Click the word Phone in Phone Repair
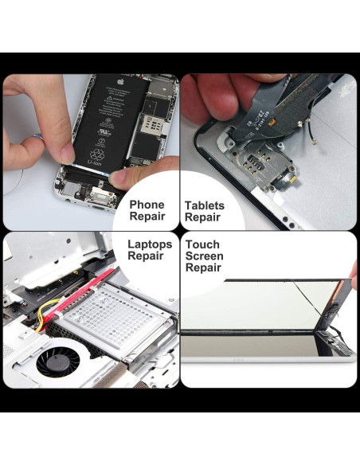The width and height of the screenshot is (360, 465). tap(147, 205)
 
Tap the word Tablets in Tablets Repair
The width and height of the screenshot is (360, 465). tap(204, 205)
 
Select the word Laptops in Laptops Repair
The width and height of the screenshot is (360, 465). tap(149, 244)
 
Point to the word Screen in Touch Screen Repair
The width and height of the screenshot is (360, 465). tap(204, 256)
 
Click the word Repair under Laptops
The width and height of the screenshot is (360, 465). tap(146, 256)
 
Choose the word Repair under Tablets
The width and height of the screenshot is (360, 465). tap(202, 217)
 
